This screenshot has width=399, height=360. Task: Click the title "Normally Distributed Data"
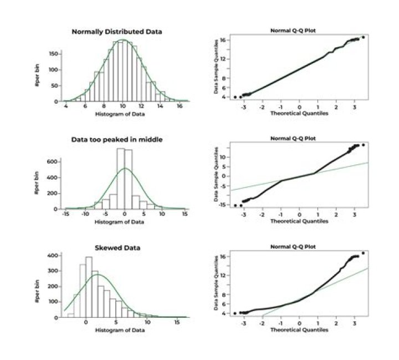tap(117, 32)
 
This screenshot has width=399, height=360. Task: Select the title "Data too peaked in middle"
tap(117, 140)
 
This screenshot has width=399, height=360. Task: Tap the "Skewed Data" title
tap(117, 247)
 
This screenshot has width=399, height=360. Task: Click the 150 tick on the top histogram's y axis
tap(54, 54)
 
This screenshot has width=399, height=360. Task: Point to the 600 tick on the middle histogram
tap(54, 161)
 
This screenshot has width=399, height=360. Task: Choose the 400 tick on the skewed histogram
tap(54, 255)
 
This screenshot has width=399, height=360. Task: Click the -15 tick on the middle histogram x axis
tap(66, 214)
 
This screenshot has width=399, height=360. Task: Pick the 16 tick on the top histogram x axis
tap(180, 107)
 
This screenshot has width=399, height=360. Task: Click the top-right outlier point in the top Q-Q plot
tap(363, 37)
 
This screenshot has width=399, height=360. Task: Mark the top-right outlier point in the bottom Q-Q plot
tap(363, 253)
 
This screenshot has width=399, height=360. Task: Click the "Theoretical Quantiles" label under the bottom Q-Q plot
tap(299, 329)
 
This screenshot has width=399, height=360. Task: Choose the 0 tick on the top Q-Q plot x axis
tap(299, 107)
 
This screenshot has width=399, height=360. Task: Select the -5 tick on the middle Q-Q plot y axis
tap(222, 185)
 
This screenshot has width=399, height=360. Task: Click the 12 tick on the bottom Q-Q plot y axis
tap(222, 275)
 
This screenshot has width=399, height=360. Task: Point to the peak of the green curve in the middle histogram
tap(125, 168)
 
